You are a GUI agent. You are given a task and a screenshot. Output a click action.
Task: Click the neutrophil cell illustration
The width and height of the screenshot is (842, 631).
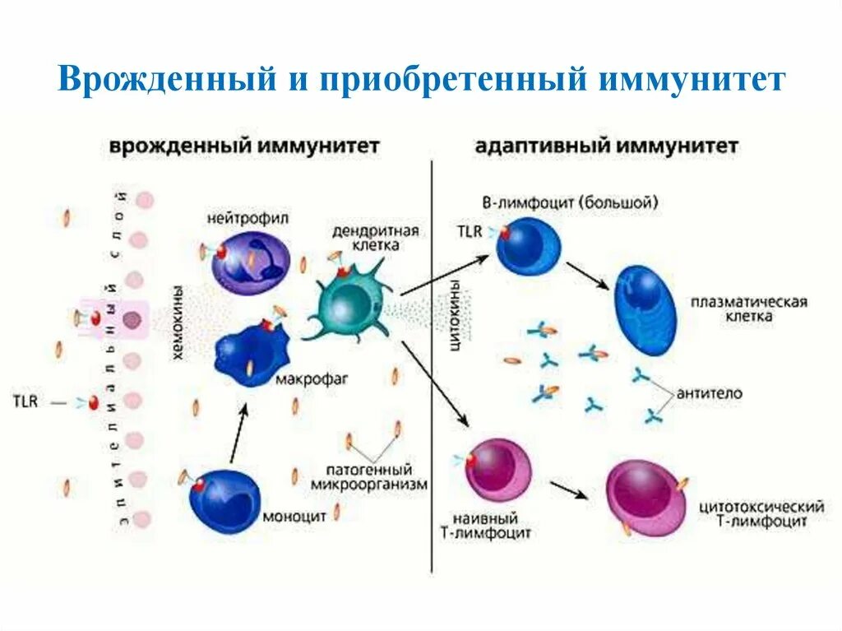tap(251, 258)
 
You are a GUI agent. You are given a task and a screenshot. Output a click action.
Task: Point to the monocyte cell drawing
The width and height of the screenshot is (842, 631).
tap(226, 500)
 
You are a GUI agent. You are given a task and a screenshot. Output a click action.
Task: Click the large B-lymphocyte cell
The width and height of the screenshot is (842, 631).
tap(528, 245)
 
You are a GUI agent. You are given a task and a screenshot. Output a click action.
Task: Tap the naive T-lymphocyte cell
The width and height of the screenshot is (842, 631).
tap(498, 470)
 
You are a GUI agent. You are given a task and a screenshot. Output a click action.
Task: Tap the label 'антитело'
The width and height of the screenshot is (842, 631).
tap(709, 394)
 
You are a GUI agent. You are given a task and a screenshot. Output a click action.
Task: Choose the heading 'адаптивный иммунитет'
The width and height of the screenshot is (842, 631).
tap(606, 146)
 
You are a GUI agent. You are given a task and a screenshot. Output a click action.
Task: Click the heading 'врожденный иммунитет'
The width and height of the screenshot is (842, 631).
tap(243, 146)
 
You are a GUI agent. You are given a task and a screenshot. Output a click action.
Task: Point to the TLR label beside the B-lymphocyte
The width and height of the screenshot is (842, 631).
tap(469, 231)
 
